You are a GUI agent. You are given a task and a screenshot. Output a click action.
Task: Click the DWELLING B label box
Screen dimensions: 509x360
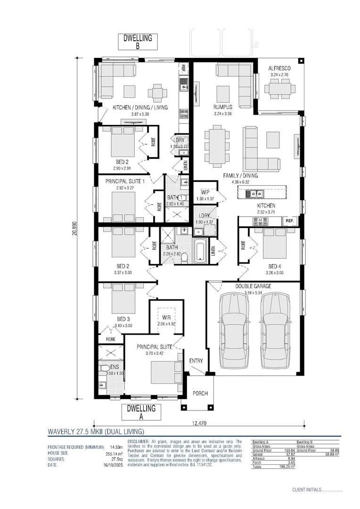[138, 42]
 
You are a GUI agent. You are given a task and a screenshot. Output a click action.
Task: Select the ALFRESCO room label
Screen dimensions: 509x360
[281, 68]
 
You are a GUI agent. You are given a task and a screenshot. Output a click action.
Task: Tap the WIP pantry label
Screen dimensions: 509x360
[205, 192]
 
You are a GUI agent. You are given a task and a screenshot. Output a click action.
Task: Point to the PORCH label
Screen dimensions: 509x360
[200, 394]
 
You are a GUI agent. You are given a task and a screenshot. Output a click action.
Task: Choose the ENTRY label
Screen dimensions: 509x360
[196, 361]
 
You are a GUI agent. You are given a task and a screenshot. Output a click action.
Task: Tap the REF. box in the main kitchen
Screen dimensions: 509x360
[289, 221]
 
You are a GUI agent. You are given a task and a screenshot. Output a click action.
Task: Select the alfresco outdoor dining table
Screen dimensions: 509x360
[280, 89]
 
